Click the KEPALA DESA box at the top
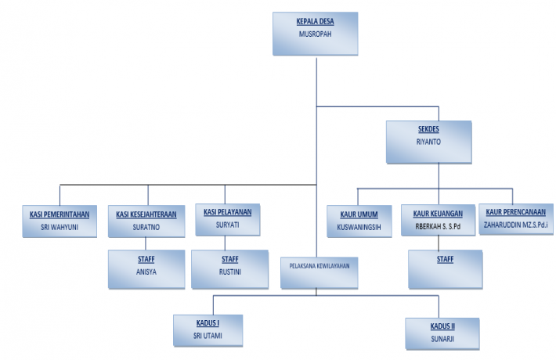pos(316,33)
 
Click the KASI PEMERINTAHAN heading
pos(60,214)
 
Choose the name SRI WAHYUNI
pos(60,228)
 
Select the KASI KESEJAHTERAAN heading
pos(146,214)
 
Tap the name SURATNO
pos(146,228)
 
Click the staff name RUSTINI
pos(229,274)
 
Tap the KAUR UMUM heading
pos(359,214)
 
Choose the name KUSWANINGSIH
pos(359,228)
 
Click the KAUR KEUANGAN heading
pos(438,214)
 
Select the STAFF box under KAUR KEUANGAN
pos(444,268)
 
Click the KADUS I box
pos(208,330)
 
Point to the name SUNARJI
pos(442,338)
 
